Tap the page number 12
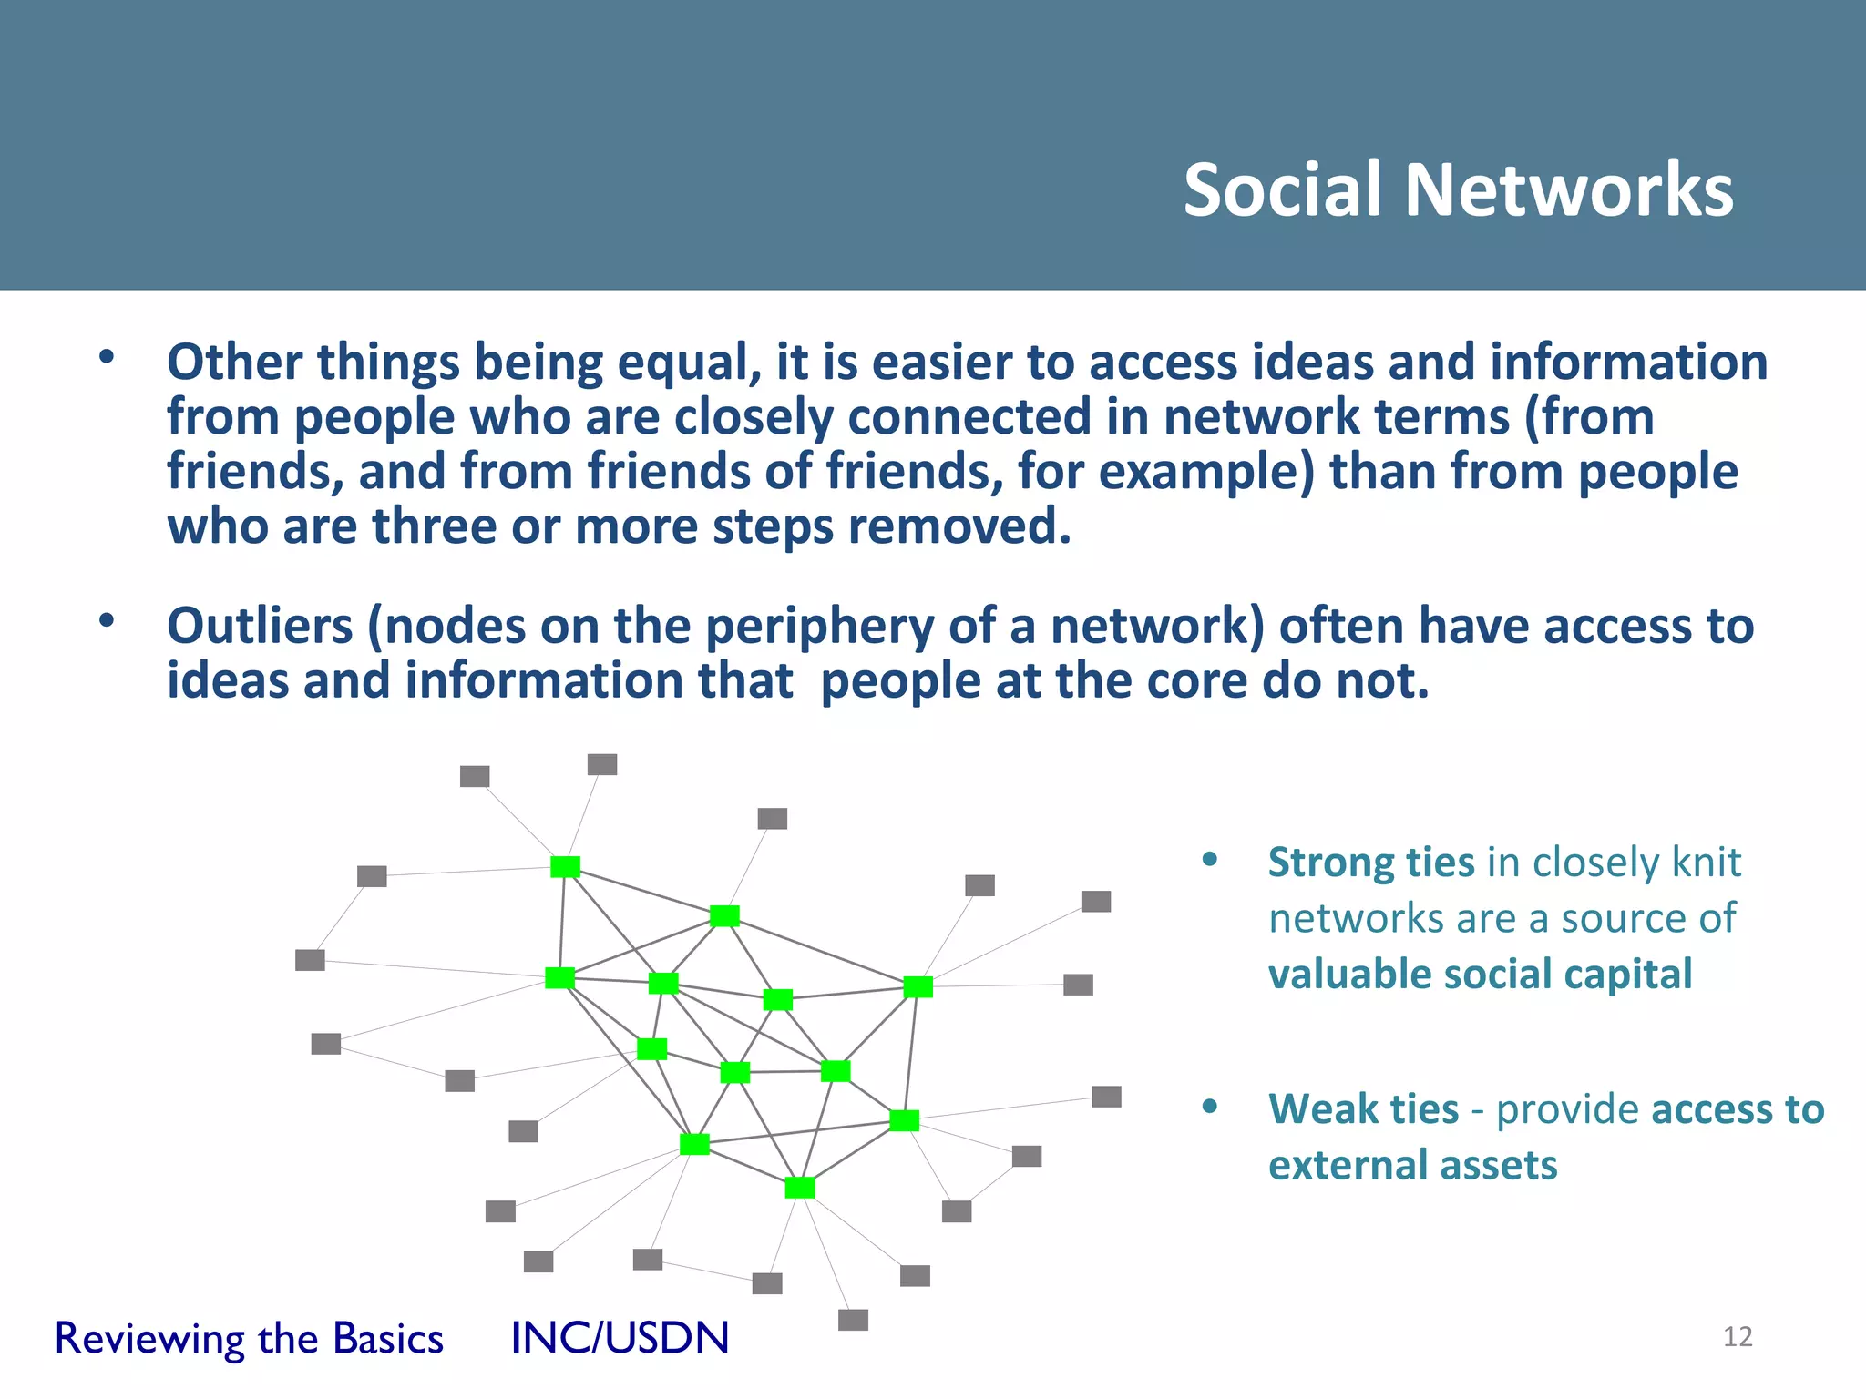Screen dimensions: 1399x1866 (x=1738, y=1336)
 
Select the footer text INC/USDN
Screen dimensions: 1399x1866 (x=620, y=1338)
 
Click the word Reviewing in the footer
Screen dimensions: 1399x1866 (x=149, y=1339)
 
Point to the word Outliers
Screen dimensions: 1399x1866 (x=260, y=627)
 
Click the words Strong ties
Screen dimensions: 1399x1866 (x=1370, y=862)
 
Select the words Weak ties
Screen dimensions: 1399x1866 (x=1363, y=1109)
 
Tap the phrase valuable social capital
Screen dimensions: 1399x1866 (x=1480, y=974)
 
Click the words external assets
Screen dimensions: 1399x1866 (x=1412, y=1165)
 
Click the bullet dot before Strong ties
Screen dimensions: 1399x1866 (x=1210, y=859)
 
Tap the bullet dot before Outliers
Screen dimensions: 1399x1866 (x=108, y=621)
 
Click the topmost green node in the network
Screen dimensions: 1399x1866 (x=565, y=866)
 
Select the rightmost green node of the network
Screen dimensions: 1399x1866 (x=918, y=986)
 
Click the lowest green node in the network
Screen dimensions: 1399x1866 (x=799, y=1187)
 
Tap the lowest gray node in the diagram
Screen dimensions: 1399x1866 (x=853, y=1319)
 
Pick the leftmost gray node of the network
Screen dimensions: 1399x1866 (x=310, y=960)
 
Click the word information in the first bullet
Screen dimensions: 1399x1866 (x=1628, y=363)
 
